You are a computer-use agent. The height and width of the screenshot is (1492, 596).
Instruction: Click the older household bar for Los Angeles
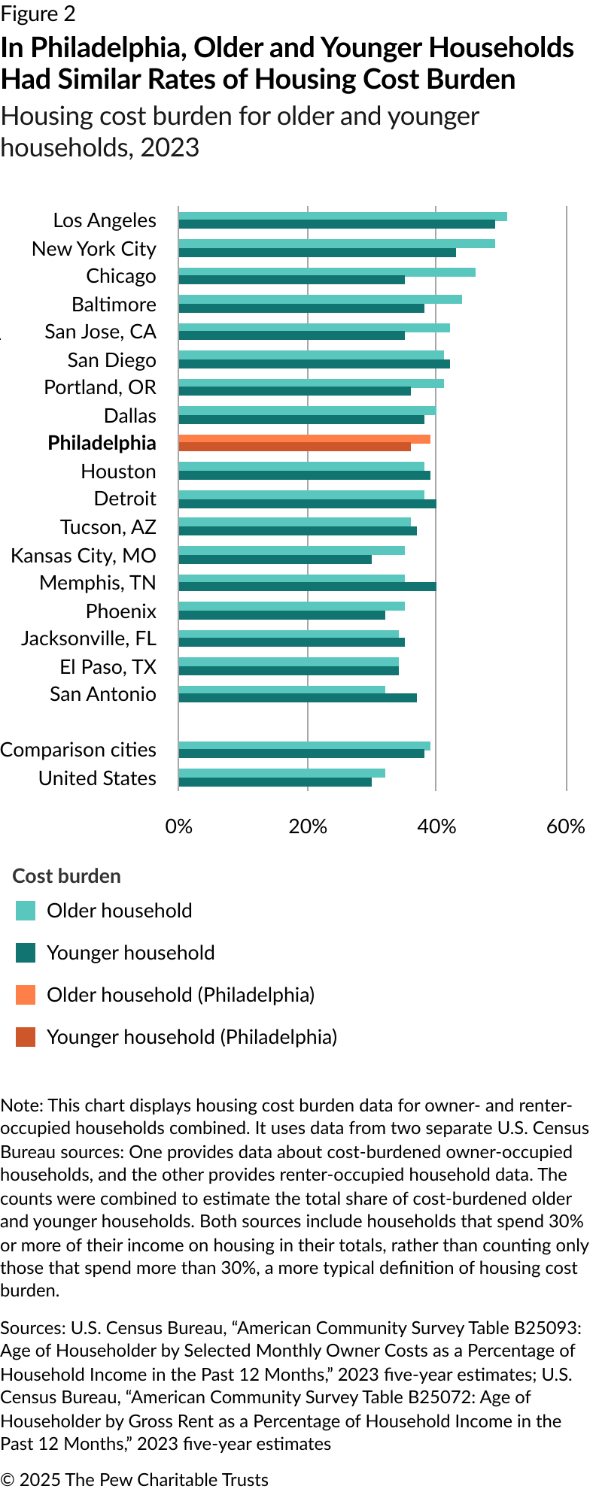point(342,217)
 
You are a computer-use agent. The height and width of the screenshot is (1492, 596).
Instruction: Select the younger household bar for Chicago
point(291,280)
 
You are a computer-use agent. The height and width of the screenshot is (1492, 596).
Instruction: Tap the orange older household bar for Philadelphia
point(304,439)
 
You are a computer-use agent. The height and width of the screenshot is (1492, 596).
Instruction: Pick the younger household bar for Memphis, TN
point(307,587)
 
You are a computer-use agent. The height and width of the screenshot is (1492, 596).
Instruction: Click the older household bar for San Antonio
point(281,690)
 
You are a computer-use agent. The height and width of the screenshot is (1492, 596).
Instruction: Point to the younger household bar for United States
point(275,782)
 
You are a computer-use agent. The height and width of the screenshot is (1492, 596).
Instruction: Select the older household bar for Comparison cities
point(304,746)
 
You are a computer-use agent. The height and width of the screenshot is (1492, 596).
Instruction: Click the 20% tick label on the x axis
point(308,826)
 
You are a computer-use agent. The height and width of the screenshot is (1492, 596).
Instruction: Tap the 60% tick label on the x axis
point(565,826)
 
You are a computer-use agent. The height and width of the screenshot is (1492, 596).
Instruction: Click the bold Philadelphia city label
point(102,443)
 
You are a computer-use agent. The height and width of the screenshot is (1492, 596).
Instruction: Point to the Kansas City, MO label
point(84,556)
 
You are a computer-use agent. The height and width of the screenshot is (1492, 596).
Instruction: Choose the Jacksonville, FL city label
point(89,638)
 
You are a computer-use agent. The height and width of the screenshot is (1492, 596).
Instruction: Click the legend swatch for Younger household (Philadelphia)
point(26,1038)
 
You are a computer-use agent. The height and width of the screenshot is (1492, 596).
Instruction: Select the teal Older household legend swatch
point(26,911)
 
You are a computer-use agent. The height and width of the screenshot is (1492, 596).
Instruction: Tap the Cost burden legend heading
point(66,876)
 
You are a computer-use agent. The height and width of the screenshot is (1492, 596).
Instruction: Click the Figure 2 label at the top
point(38,14)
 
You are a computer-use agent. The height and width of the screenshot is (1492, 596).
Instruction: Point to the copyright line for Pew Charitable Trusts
point(134,1479)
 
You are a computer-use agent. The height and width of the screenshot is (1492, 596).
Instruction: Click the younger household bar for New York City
point(317,253)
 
